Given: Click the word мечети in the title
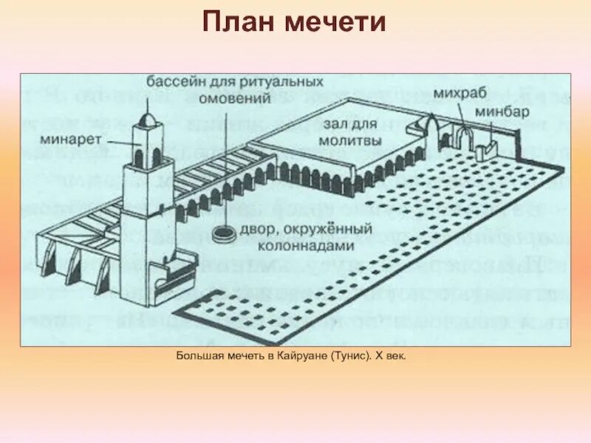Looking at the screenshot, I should click(336, 22).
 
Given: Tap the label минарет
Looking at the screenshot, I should click(65, 138).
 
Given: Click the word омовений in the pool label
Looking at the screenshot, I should click(235, 95).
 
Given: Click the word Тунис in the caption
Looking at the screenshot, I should click(347, 357).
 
